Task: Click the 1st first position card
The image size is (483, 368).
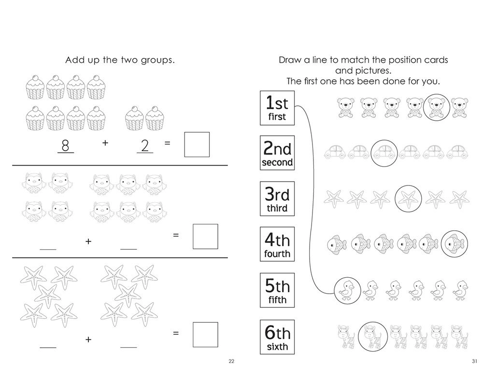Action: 277,108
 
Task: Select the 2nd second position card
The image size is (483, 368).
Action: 277,154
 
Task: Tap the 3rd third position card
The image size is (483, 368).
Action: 277,199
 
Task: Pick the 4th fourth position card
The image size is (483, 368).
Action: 277,245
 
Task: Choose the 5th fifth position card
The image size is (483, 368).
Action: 277,291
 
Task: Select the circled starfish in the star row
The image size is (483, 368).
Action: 408,197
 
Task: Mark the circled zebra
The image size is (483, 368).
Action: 370,334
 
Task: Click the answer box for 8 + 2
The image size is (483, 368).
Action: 197,144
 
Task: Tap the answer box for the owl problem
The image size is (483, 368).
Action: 205,236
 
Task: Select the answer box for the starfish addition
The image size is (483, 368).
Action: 205,334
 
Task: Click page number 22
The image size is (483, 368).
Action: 231,361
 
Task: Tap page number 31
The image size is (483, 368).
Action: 475,361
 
